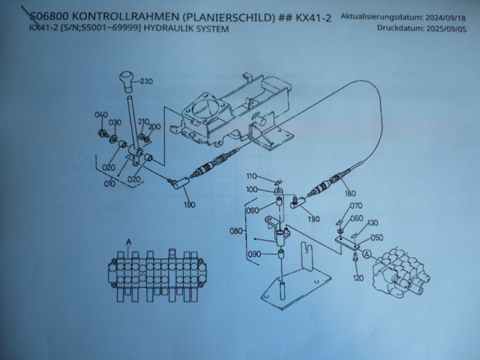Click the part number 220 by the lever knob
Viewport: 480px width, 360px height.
coord(145,81)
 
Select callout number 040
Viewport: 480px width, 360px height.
coord(100,114)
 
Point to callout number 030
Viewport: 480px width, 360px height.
coord(115,122)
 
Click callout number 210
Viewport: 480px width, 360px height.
coord(143,121)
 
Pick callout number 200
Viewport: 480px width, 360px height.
coord(154,127)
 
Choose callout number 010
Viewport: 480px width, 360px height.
coord(109,181)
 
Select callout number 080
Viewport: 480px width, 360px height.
coord(236,232)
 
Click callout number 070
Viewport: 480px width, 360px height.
coord(356,205)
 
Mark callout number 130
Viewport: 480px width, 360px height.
coord(373,223)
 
